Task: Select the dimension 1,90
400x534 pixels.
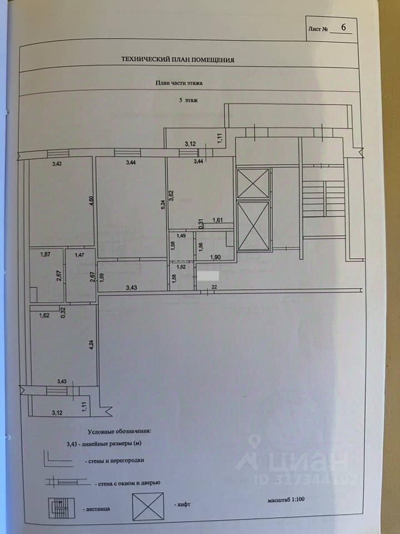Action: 217,256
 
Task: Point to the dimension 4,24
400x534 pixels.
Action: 91,344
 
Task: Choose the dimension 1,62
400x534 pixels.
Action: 44,315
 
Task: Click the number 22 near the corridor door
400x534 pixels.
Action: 213,286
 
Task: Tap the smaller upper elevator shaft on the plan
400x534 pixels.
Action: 253,183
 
